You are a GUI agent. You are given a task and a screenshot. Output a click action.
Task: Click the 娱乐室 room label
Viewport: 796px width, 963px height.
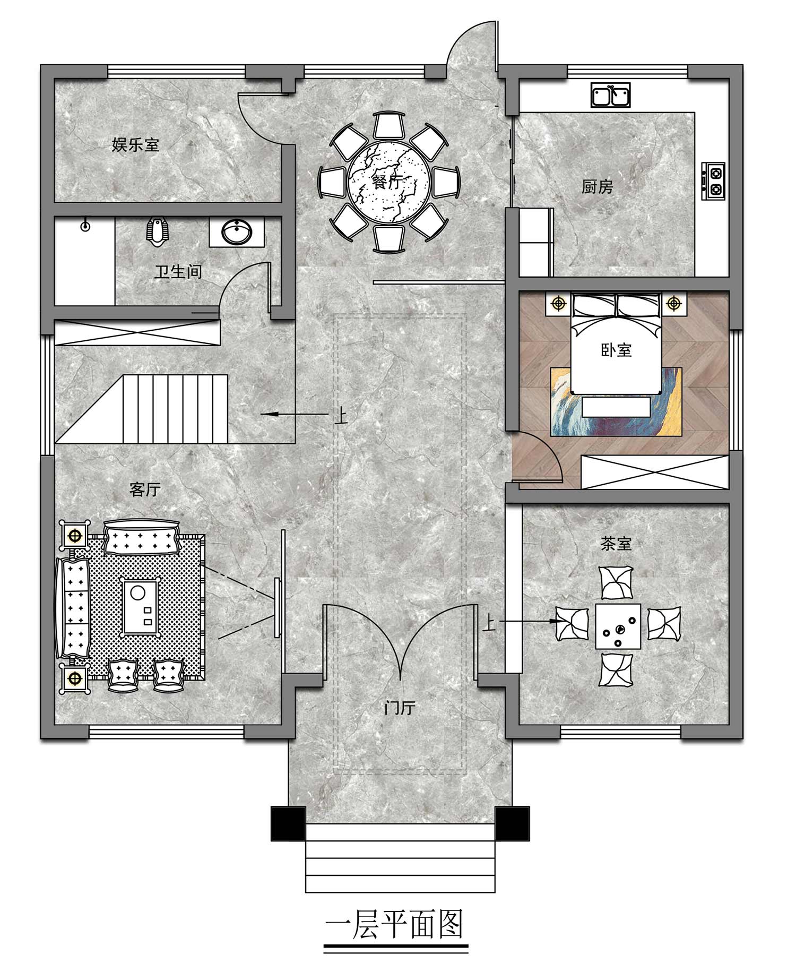pos(135,144)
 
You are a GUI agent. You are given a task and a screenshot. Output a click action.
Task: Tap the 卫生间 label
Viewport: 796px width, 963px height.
pos(178,272)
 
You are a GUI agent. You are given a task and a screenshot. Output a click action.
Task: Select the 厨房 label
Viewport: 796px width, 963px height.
pos(597,187)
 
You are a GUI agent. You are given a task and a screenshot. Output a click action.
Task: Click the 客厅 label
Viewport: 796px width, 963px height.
pos(145,489)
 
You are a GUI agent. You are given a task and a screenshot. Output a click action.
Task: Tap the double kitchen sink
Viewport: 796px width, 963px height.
pos(610,95)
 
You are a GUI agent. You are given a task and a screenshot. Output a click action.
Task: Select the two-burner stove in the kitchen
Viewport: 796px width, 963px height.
pos(714,180)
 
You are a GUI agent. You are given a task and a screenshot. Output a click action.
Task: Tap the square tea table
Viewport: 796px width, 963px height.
pos(618,625)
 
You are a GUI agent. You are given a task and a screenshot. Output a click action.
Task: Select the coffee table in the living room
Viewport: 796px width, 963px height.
pos(141,606)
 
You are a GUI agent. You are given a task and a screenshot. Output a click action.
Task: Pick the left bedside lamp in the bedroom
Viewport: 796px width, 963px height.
pos(558,304)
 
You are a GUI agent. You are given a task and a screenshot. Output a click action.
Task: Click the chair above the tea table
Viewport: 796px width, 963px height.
pos(616,582)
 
